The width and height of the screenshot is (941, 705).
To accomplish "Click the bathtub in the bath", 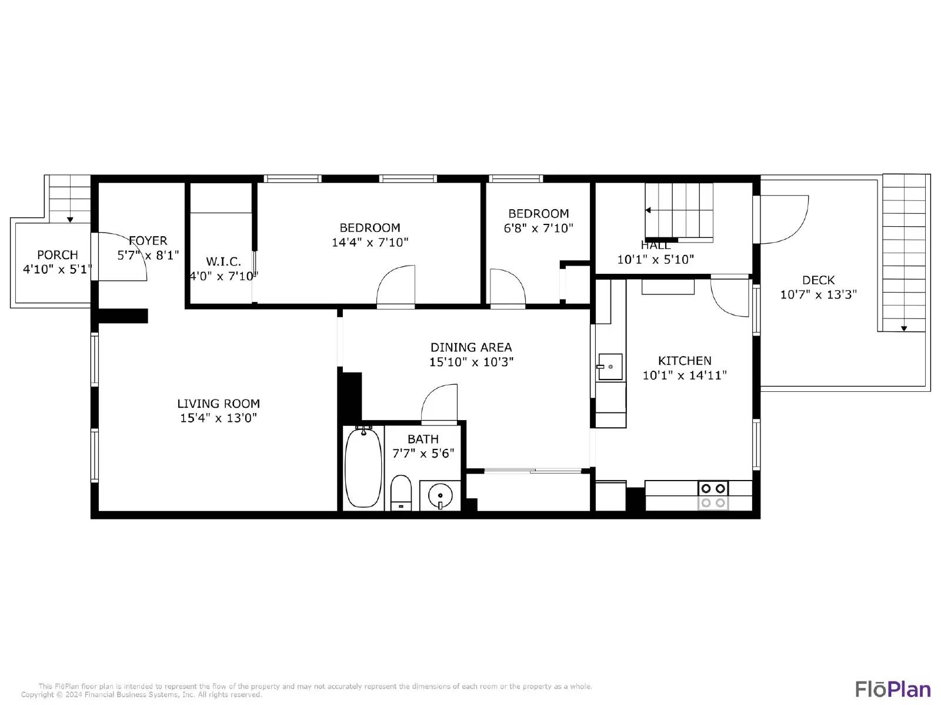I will coord(363,468).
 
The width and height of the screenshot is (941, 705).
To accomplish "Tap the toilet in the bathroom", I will coord(401,492).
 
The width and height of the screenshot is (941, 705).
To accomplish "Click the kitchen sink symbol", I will coord(610,367).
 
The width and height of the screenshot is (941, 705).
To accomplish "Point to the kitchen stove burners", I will coord(713,495).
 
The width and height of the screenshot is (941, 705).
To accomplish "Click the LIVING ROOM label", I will coord(218,404).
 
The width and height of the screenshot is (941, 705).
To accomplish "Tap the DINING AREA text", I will coord(471,347).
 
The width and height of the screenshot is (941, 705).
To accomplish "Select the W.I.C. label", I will coord(223,261).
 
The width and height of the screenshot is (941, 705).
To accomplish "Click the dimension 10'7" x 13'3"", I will coord(818,294).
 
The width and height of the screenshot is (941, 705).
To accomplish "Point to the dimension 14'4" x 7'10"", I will coord(370,242).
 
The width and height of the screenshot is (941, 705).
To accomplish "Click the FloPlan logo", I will coord(892,689).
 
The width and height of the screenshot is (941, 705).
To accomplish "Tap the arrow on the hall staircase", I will coord(648,210).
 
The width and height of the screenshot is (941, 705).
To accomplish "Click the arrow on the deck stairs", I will coord(904,328).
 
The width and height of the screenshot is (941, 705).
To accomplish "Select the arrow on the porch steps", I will coord(70,219).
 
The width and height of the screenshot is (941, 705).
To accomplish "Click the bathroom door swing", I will coord(440,404).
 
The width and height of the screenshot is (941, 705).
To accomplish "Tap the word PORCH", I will coord(57,255).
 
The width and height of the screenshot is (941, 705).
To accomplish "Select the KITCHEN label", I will coord(685,361).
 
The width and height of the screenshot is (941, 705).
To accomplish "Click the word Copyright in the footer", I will coord(38,694).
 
